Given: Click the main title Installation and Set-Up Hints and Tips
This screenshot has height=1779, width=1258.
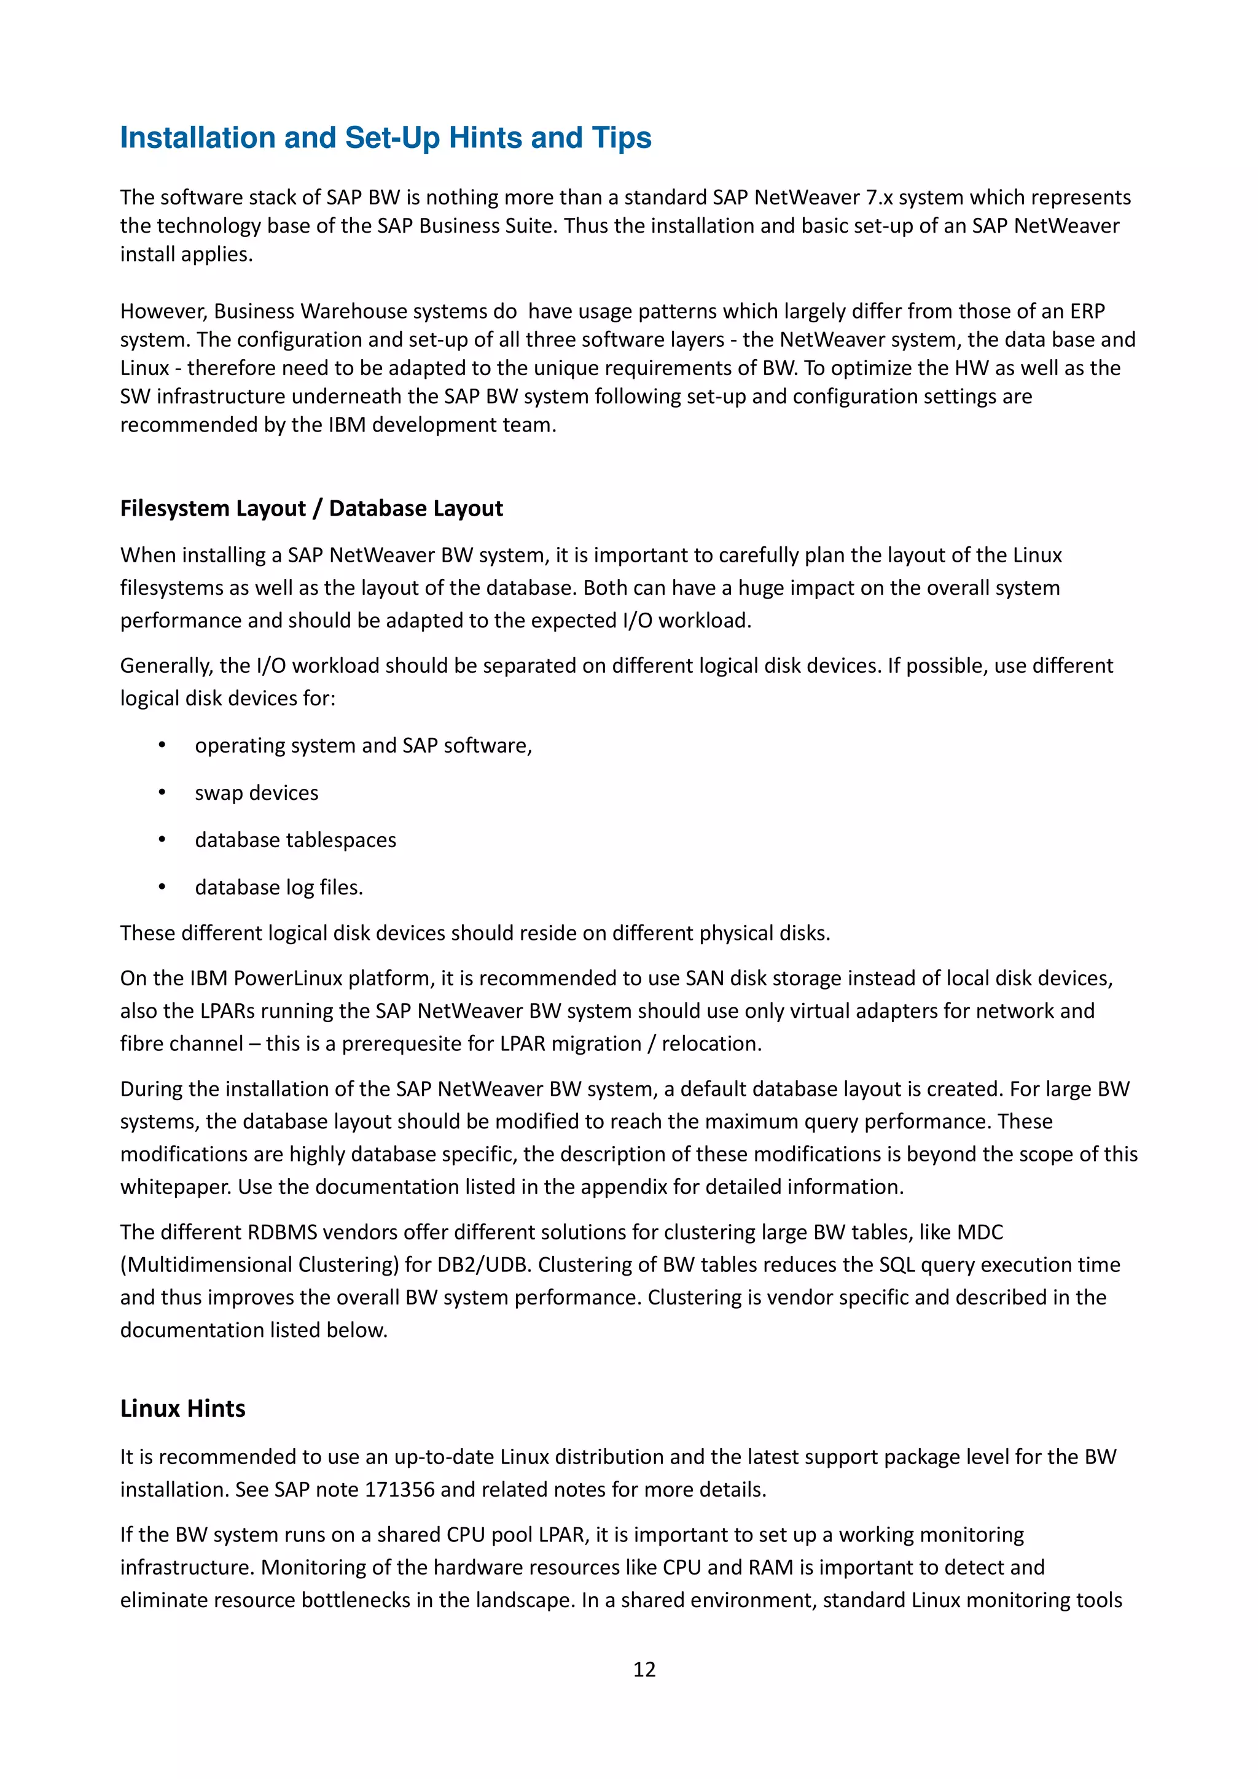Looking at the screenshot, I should [x=385, y=138].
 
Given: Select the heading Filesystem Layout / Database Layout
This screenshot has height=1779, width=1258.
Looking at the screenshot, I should [x=311, y=508].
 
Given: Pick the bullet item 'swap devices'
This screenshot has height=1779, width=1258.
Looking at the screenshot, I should [x=256, y=793].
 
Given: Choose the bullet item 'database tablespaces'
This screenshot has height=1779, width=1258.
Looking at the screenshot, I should [x=295, y=840].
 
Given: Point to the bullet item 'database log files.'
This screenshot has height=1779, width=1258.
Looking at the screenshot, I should [x=278, y=887].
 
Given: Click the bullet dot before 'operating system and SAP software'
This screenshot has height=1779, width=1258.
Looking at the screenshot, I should [x=162, y=745].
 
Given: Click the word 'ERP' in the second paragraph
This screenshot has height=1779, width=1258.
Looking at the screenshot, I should [x=1087, y=311].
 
